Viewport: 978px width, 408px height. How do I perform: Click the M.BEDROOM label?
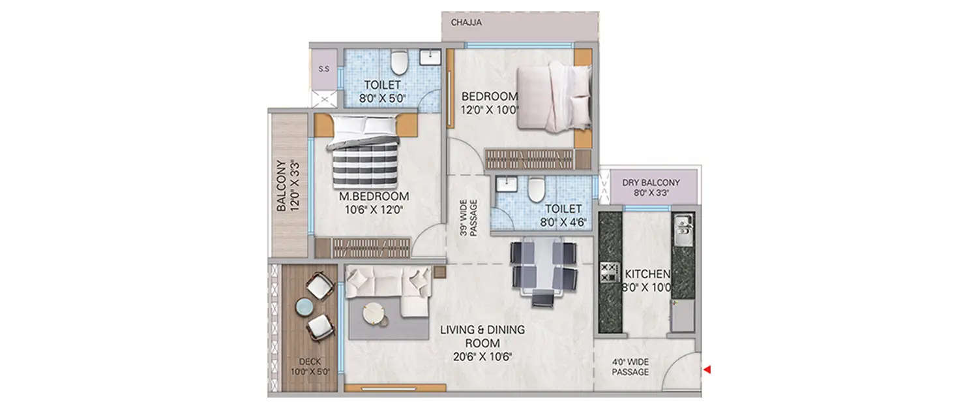374,196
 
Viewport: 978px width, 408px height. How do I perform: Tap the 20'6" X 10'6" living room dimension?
482,356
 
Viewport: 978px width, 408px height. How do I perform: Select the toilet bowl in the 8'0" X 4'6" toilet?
536,189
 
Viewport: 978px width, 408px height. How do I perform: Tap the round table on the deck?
303,306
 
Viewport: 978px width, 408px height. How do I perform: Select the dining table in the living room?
544,266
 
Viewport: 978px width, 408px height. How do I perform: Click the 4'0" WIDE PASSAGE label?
630,367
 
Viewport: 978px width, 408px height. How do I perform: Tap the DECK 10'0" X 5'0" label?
310,366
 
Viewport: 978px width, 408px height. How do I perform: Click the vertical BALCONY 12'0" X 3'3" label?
288,185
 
